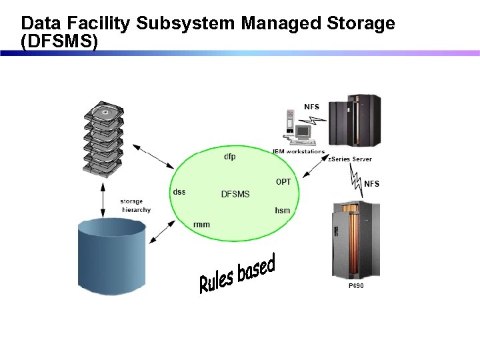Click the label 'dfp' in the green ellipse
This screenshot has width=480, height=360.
(x=229, y=157)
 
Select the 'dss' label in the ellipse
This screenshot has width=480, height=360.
(x=179, y=192)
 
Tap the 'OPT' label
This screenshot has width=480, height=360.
(x=283, y=182)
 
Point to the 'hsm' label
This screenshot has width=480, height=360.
(x=283, y=211)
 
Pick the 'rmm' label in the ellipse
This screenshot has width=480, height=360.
(x=201, y=225)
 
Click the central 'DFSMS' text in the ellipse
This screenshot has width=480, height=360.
(x=235, y=194)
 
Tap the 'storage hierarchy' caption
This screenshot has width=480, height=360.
(x=135, y=205)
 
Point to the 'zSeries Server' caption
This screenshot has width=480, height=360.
(x=349, y=159)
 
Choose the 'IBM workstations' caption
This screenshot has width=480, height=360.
(x=298, y=151)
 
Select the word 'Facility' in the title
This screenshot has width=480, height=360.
(x=98, y=24)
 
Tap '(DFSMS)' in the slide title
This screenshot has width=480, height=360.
(x=59, y=41)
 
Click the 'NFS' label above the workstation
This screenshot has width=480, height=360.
(x=311, y=107)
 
